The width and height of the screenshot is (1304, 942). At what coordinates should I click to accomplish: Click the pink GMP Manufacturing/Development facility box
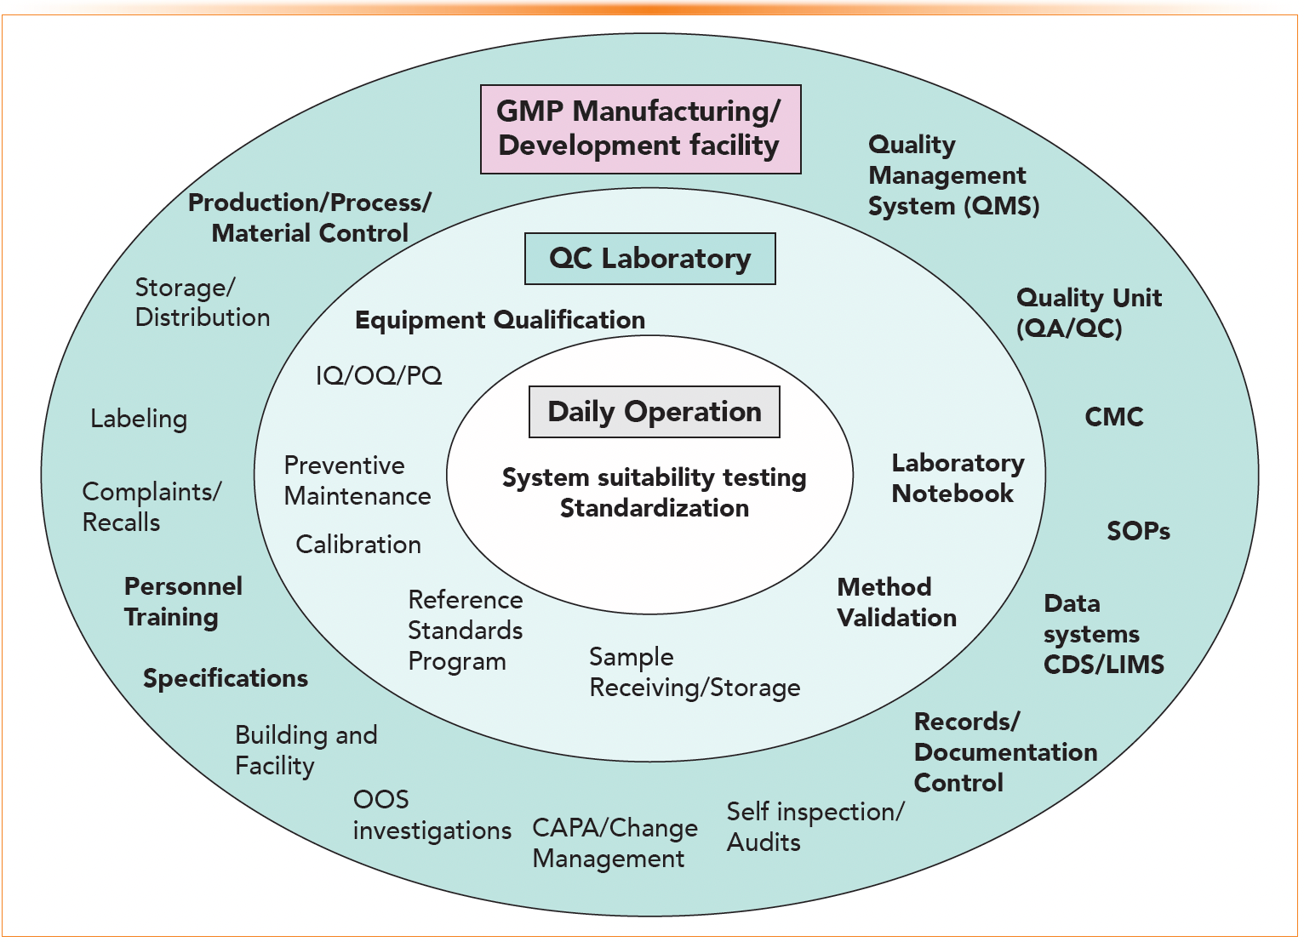point(640,129)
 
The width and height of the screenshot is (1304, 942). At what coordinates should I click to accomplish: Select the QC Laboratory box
point(649,259)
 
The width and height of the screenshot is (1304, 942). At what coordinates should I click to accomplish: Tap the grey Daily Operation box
point(654,412)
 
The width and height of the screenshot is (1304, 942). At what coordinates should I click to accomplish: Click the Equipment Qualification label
point(500,320)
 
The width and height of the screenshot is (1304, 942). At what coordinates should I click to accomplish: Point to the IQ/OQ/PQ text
point(379,375)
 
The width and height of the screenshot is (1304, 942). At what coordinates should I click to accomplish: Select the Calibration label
point(358,545)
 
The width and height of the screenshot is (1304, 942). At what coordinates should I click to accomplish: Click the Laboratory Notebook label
point(957,478)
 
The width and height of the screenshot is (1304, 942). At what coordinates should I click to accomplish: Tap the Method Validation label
point(896,602)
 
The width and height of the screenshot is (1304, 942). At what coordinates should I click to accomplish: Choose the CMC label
point(1113,417)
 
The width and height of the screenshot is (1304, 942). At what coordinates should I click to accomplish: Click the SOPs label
point(1138,531)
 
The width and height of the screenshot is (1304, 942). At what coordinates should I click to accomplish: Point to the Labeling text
point(139,419)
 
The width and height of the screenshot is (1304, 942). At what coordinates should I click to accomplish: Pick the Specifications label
point(226,678)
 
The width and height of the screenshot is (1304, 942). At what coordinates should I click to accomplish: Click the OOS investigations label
point(432,815)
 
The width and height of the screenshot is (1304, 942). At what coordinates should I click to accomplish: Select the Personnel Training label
point(183,602)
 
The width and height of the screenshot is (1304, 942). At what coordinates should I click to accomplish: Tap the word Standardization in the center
point(654,508)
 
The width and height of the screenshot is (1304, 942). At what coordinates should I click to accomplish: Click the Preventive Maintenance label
point(357,481)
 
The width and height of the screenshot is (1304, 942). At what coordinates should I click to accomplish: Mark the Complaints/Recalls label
point(152,507)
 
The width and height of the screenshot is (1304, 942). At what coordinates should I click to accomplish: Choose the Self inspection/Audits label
point(815,827)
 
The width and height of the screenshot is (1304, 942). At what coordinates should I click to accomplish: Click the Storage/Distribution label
point(202,303)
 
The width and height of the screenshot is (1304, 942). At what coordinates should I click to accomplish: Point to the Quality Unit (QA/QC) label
point(1088,313)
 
